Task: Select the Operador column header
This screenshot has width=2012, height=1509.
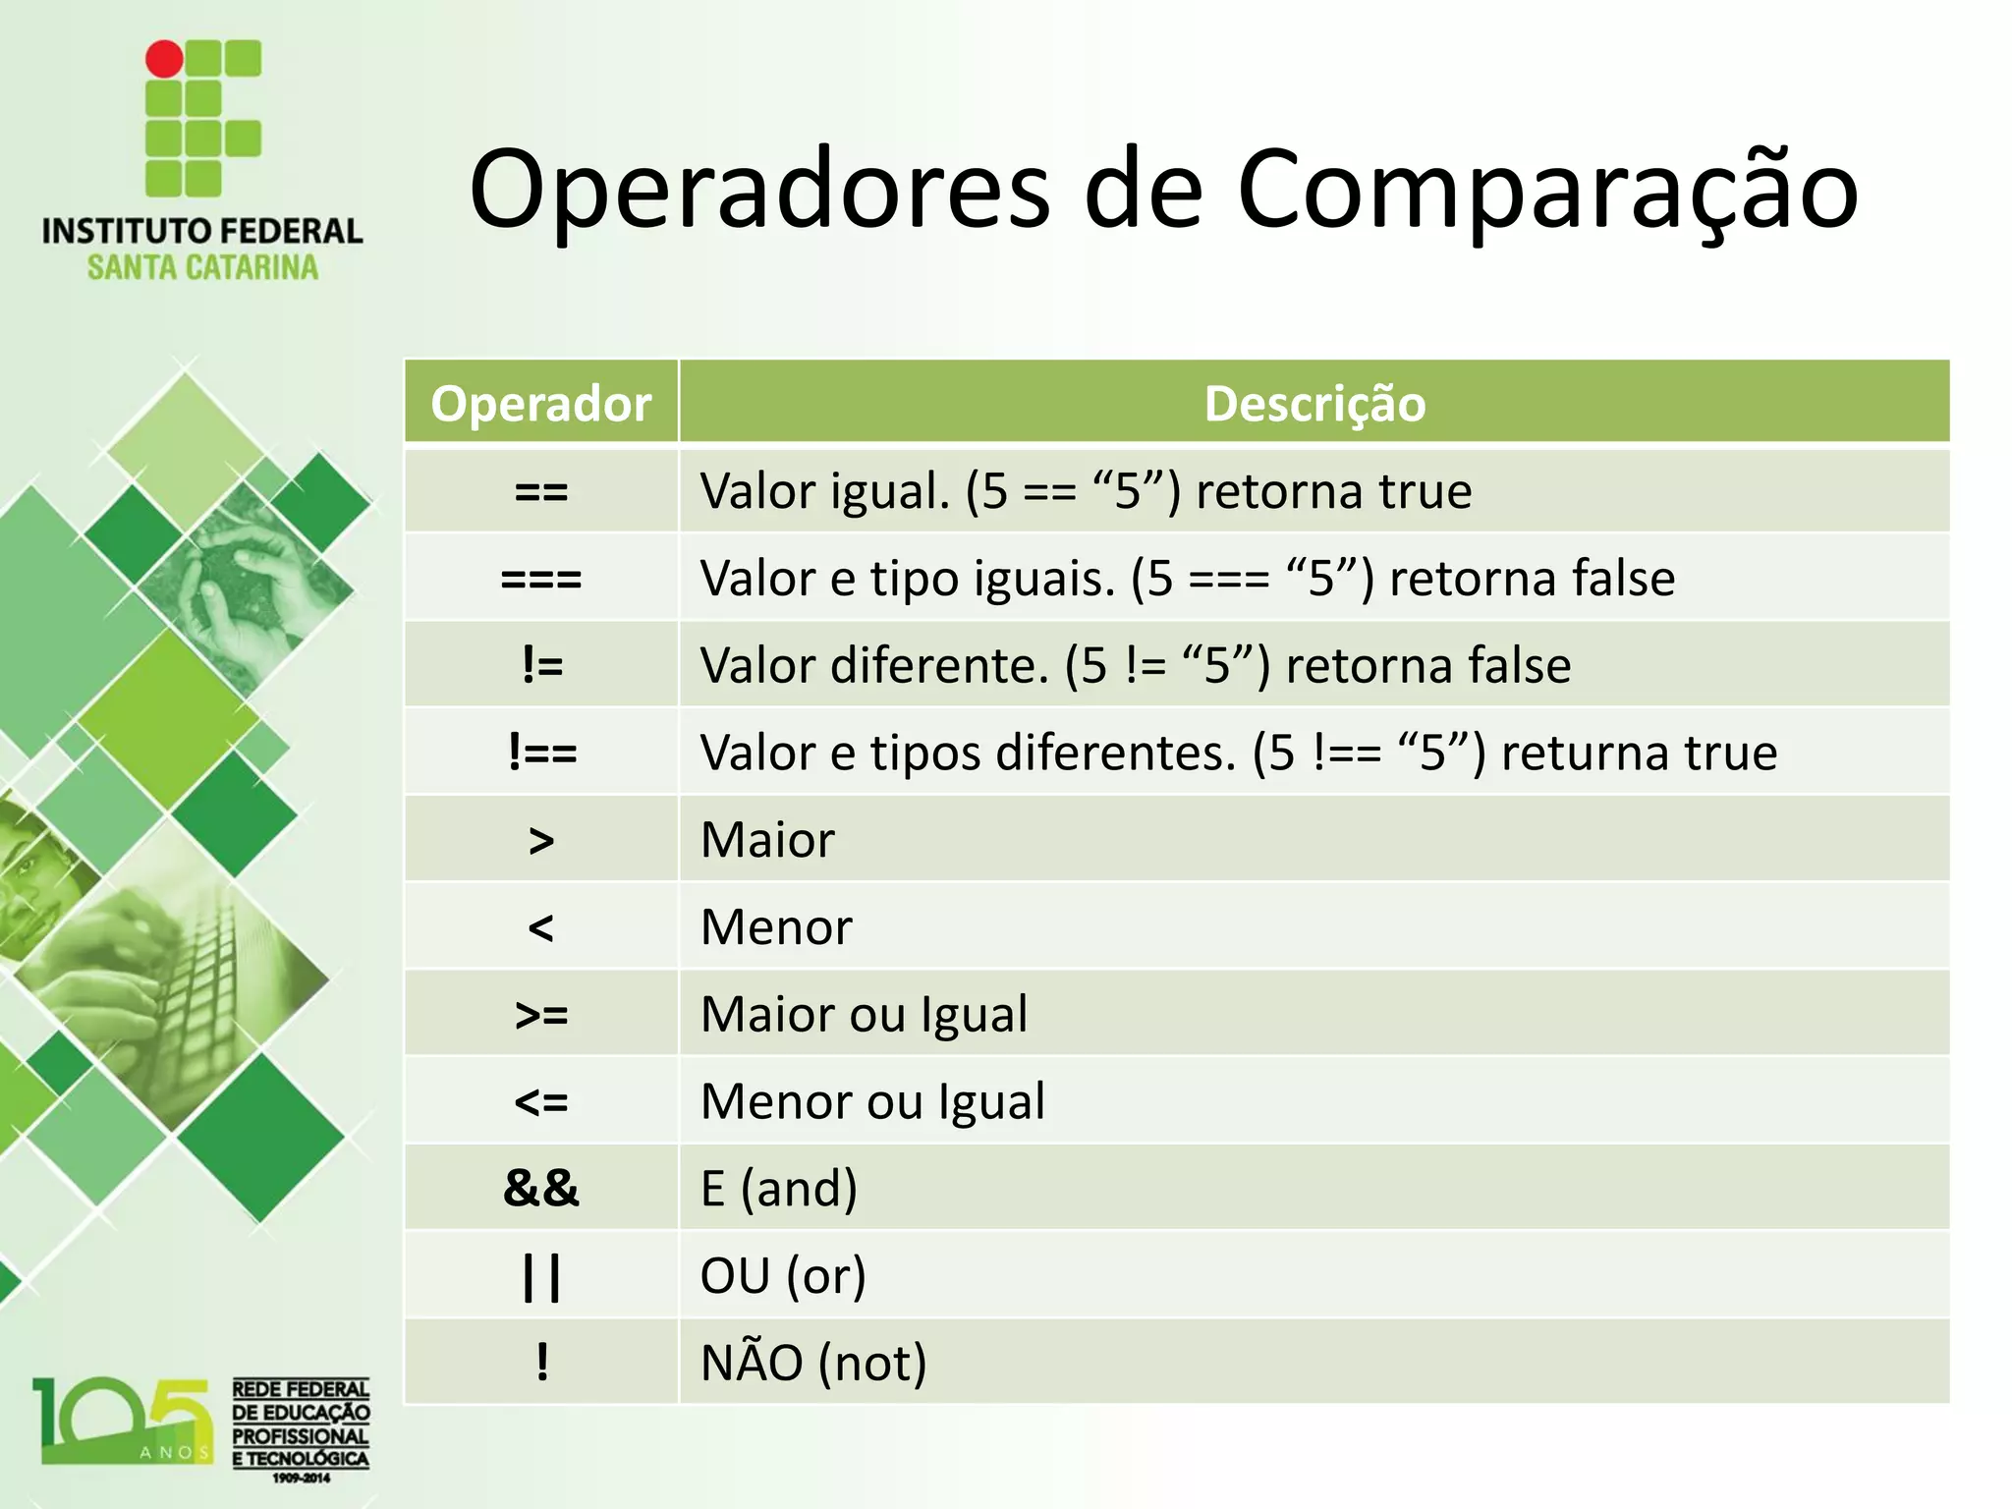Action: coord(541,404)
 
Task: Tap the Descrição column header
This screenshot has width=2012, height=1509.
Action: coord(1314,404)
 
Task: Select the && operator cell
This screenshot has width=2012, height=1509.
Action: coord(541,1189)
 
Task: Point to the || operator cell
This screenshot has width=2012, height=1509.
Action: coord(541,1276)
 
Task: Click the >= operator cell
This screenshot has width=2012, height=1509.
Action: coord(541,1015)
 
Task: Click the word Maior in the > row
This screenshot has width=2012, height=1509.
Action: coord(767,841)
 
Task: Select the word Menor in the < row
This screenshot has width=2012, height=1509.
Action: coord(776,927)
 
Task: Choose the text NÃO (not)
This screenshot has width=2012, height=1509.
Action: coord(813,1364)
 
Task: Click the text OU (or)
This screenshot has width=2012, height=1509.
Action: coord(783,1276)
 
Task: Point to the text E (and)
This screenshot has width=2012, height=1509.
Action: coord(779,1189)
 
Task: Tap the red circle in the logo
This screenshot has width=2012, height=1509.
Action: coord(164,59)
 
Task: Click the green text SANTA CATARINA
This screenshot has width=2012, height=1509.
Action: coord(203,267)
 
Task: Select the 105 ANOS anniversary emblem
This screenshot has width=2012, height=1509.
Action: coord(123,1421)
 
